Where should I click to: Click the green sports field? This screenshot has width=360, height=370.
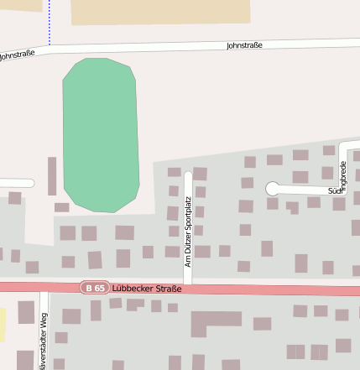pos(101,134)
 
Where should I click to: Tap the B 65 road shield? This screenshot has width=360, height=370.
pos(95,288)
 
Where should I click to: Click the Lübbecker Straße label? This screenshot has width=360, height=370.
pos(147,289)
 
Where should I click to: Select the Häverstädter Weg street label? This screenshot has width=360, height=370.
pos(44,340)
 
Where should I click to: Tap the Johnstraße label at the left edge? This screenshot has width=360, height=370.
pos(17,55)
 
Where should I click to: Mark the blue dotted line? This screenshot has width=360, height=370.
pos(50,22)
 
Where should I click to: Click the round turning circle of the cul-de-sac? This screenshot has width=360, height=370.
pos(273,189)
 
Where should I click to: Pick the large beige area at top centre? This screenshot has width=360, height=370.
pos(159,11)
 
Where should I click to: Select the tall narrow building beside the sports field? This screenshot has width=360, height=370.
pos(52,176)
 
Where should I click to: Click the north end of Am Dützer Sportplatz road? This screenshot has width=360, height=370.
pos(189,176)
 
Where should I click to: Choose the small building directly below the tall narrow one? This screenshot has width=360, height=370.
pos(61,207)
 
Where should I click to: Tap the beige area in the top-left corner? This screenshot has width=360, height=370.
pos(20,5)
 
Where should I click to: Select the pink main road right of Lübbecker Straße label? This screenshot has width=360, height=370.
pos(269,290)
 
